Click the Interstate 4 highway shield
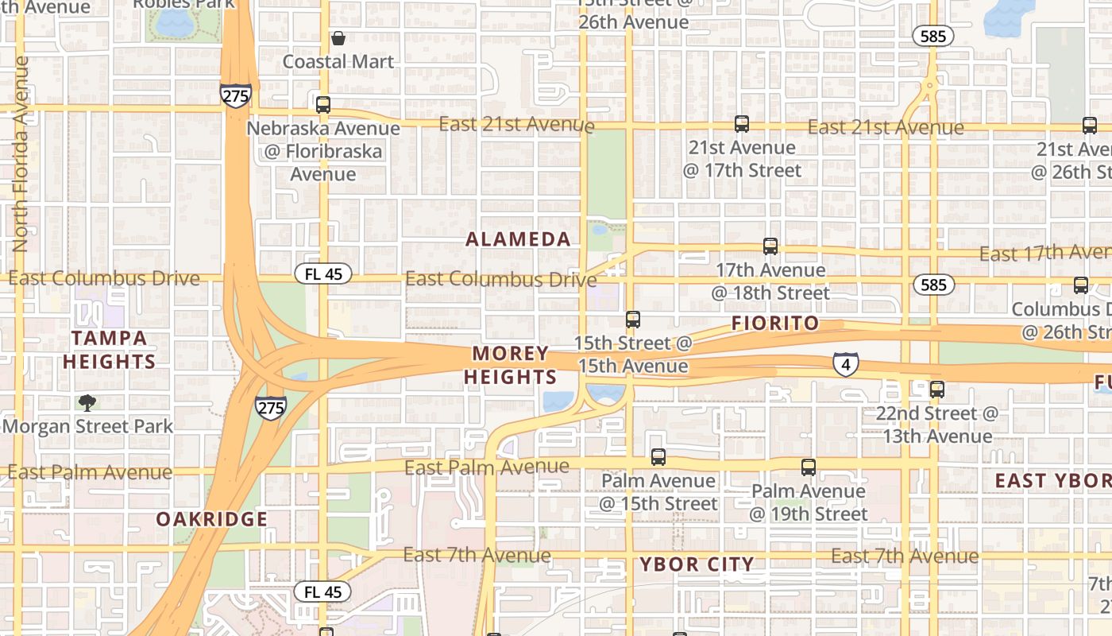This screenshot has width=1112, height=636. pyautogui.click(x=845, y=364)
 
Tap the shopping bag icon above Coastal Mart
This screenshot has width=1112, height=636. pyautogui.click(x=338, y=37)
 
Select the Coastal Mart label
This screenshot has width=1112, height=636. pyautogui.click(x=338, y=61)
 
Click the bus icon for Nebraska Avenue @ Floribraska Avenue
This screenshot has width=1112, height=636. pyautogui.click(x=323, y=105)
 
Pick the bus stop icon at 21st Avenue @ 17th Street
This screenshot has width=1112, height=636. pyautogui.click(x=742, y=124)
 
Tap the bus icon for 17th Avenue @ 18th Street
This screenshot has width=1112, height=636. pyautogui.click(x=770, y=246)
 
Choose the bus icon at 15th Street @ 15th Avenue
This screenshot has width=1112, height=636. pyautogui.click(x=633, y=320)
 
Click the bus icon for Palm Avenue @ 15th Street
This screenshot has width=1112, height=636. pyautogui.click(x=658, y=457)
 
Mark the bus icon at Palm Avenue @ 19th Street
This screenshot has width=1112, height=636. pyautogui.click(x=809, y=467)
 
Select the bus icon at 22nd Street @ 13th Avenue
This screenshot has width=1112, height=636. pyautogui.click(x=937, y=390)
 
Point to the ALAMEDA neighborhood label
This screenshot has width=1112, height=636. pyautogui.click(x=518, y=239)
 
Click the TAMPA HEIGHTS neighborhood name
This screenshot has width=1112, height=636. pyautogui.click(x=110, y=350)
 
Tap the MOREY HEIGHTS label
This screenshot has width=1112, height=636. pyautogui.click(x=510, y=365)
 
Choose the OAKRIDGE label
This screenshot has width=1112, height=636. pyautogui.click(x=211, y=520)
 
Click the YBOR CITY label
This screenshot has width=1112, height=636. pyautogui.click(x=697, y=565)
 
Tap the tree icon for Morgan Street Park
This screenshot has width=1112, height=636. pyautogui.click(x=87, y=403)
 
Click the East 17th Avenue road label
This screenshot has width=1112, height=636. pyautogui.click(x=1044, y=253)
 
